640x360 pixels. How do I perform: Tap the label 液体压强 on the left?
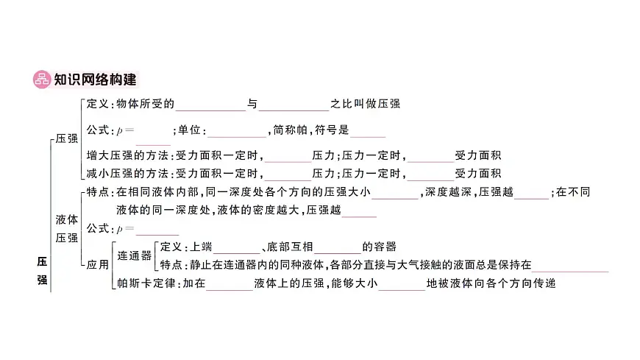tap(66, 228)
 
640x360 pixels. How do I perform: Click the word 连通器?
tap(135, 255)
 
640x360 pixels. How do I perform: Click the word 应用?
tap(98, 265)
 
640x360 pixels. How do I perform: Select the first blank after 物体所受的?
tap(210, 105)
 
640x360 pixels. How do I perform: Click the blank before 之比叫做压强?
tap(294, 105)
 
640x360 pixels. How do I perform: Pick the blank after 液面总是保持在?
tap(570, 266)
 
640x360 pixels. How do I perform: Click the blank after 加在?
tap(230, 284)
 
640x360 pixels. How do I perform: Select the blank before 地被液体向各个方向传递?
tap(402, 284)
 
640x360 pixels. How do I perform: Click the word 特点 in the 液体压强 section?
tap(97, 192)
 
